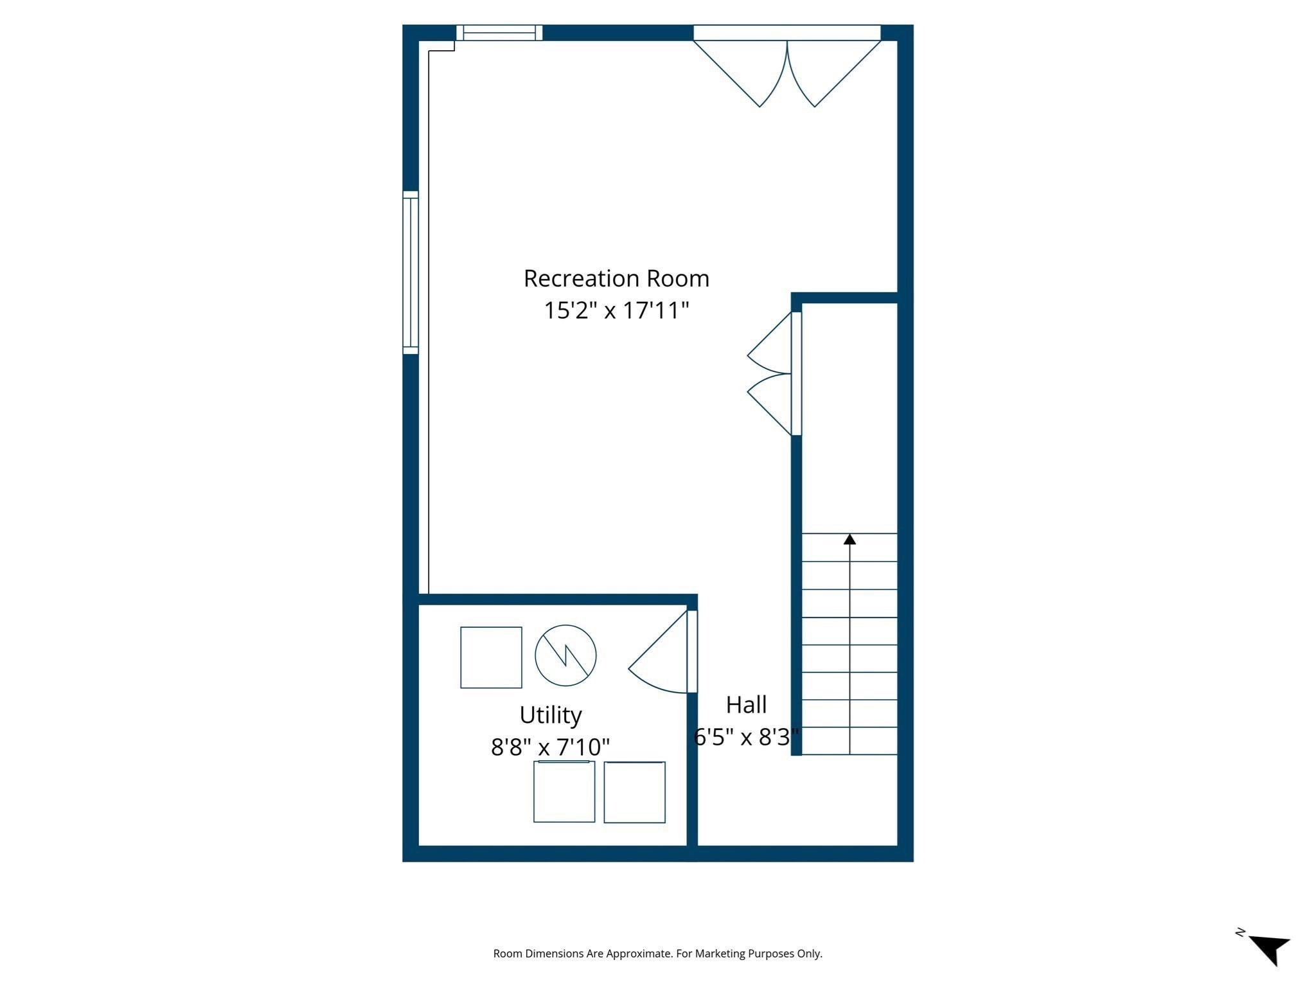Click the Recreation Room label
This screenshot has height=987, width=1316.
[616, 279]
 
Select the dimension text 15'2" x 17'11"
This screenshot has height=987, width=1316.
[616, 311]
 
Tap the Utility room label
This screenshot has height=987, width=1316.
[551, 715]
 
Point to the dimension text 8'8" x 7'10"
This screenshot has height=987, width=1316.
[551, 747]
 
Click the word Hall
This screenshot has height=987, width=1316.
[746, 705]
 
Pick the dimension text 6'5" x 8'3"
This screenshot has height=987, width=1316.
[746, 737]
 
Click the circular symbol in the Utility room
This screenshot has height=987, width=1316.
[565, 655]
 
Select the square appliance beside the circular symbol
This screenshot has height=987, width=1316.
[491, 657]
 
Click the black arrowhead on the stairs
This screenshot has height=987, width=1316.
[849, 539]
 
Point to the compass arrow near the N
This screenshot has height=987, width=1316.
[1271, 950]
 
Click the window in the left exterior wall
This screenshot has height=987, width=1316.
[411, 272]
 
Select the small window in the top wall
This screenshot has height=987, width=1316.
[499, 33]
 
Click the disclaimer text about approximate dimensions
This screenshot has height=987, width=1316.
[657, 954]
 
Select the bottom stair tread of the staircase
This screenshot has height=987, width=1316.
[849, 741]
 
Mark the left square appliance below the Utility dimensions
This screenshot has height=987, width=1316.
[564, 792]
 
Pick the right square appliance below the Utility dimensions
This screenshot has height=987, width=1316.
[634, 792]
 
